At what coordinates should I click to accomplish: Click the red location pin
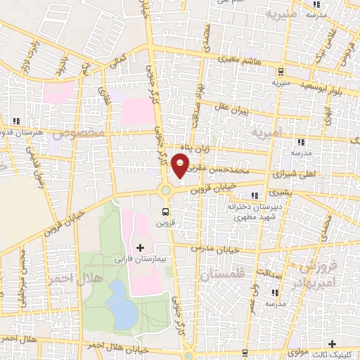[x=181, y=166]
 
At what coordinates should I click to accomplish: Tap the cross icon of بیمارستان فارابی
[x=139, y=247]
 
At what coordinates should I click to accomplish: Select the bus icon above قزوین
[x=165, y=211]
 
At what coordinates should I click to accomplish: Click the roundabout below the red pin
[x=167, y=190]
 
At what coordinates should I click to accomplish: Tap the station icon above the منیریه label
[x=281, y=72]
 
